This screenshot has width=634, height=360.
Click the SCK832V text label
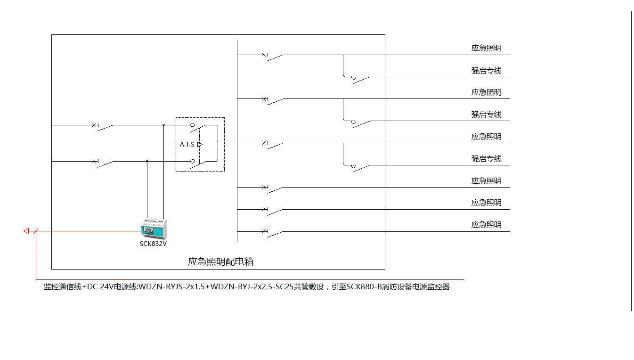click(153, 244)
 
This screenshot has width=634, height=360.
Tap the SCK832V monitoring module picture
click(154, 229)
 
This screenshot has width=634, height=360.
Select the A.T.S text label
click(187, 144)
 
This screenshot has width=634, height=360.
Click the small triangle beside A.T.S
click(200, 144)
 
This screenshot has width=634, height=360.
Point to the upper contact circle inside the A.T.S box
click(192, 125)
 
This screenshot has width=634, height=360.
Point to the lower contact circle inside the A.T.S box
click(192, 162)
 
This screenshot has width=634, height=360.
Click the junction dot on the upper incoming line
click(163, 125)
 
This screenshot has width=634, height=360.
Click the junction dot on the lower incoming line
click(147, 161)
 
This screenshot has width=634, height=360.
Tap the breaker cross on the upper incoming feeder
click(94, 125)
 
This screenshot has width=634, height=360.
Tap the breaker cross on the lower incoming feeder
click(94, 161)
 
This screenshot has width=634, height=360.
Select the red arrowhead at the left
click(26, 231)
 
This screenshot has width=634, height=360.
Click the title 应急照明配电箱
click(220, 262)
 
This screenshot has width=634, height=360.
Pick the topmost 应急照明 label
click(486, 48)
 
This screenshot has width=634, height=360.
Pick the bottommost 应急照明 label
click(486, 225)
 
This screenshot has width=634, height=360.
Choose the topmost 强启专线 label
click(486, 71)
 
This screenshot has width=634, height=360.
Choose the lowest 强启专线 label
click(486, 159)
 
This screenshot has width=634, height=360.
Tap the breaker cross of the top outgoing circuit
click(264, 55)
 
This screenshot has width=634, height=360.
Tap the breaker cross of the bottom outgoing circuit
click(264, 231)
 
